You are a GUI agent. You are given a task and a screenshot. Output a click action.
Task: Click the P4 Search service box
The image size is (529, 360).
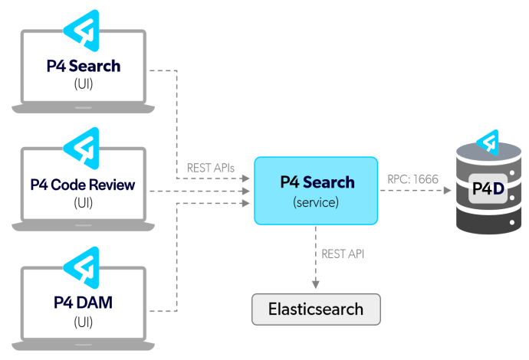[x=316, y=191]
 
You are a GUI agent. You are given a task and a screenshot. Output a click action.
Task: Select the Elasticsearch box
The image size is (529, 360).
[x=316, y=309]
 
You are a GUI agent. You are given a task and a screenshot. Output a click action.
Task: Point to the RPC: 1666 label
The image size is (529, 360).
[x=413, y=179]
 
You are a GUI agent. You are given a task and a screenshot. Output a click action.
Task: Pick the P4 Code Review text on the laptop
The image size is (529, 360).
[x=83, y=185]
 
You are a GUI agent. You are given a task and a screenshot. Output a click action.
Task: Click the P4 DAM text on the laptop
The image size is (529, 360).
[x=83, y=303]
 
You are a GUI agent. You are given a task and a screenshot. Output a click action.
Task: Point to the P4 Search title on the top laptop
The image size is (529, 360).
[x=83, y=66]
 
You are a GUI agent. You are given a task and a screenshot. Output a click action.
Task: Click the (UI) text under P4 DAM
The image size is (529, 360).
[x=83, y=321]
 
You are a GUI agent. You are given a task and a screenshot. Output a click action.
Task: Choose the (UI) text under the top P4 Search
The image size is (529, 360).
[x=83, y=83]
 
